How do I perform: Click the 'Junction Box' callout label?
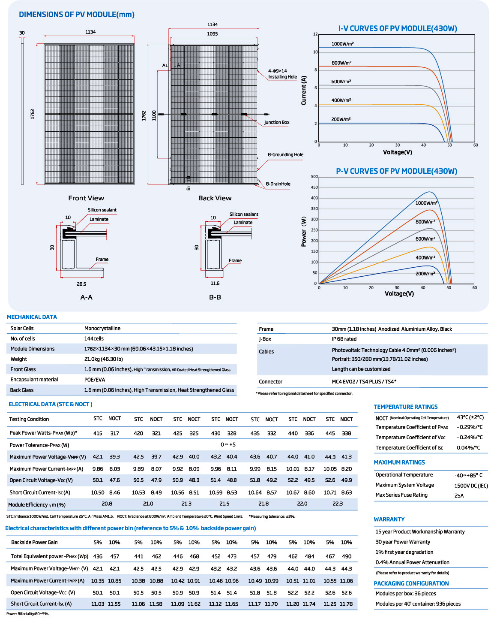(x=277, y=122)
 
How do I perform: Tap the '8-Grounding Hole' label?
(x=285, y=154)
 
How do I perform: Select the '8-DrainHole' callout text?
(x=278, y=184)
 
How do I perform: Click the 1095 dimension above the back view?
(x=212, y=34)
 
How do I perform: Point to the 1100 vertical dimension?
(x=154, y=115)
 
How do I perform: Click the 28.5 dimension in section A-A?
(x=81, y=284)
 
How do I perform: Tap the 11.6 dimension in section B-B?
(x=215, y=283)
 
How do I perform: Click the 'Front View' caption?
(x=86, y=198)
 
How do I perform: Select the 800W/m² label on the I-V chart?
(x=341, y=63)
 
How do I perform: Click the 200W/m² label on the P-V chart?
(x=425, y=273)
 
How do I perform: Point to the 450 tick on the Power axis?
(x=314, y=187)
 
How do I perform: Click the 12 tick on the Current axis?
(x=315, y=34)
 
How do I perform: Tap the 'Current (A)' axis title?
(x=303, y=91)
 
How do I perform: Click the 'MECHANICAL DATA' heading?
(x=32, y=317)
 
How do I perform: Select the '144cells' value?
(x=94, y=338)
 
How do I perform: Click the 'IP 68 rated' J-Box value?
(x=344, y=339)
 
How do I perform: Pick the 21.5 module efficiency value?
(x=225, y=504)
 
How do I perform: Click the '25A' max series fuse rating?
(x=459, y=495)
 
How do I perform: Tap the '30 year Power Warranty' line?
(x=403, y=542)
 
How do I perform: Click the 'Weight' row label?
(x=18, y=359)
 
